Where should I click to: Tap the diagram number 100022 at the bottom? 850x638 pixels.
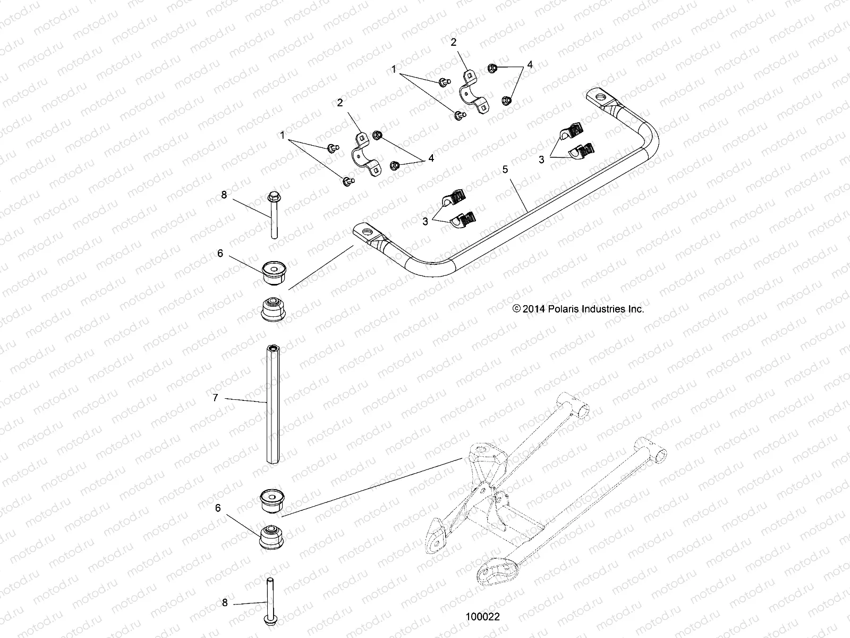pyautogui.click(x=482, y=617)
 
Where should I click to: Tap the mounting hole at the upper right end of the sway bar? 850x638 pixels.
pyautogui.click(x=601, y=97)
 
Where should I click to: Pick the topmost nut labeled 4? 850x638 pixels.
pyautogui.click(x=492, y=68)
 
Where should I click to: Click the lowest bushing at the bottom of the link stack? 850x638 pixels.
pyautogui.click(x=272, y=538)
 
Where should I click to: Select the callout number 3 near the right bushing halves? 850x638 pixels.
pyautogui.click(x=541, y=159)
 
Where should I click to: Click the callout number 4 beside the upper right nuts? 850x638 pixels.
pyautogui.click(x=529, y=65)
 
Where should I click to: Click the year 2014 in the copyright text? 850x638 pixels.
pyautogui.click(x=533, y=309)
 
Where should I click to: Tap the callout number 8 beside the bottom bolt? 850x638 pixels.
pyautogui.click(x=225, y=602)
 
